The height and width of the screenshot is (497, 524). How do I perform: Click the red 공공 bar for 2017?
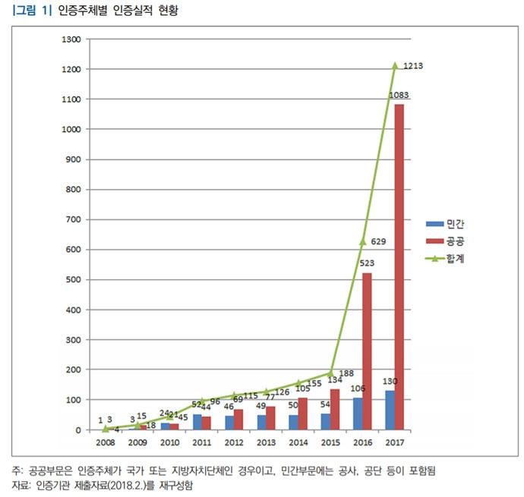click(399, 266)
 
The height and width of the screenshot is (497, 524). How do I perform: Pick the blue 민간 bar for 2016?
click(357, 414)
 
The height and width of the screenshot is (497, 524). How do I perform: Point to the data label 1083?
click(399, 96)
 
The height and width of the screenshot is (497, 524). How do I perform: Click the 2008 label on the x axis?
click(105, 441)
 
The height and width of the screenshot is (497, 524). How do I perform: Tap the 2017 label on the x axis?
click(394, 441)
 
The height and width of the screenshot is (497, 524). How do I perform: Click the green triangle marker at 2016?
click(362, 241)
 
